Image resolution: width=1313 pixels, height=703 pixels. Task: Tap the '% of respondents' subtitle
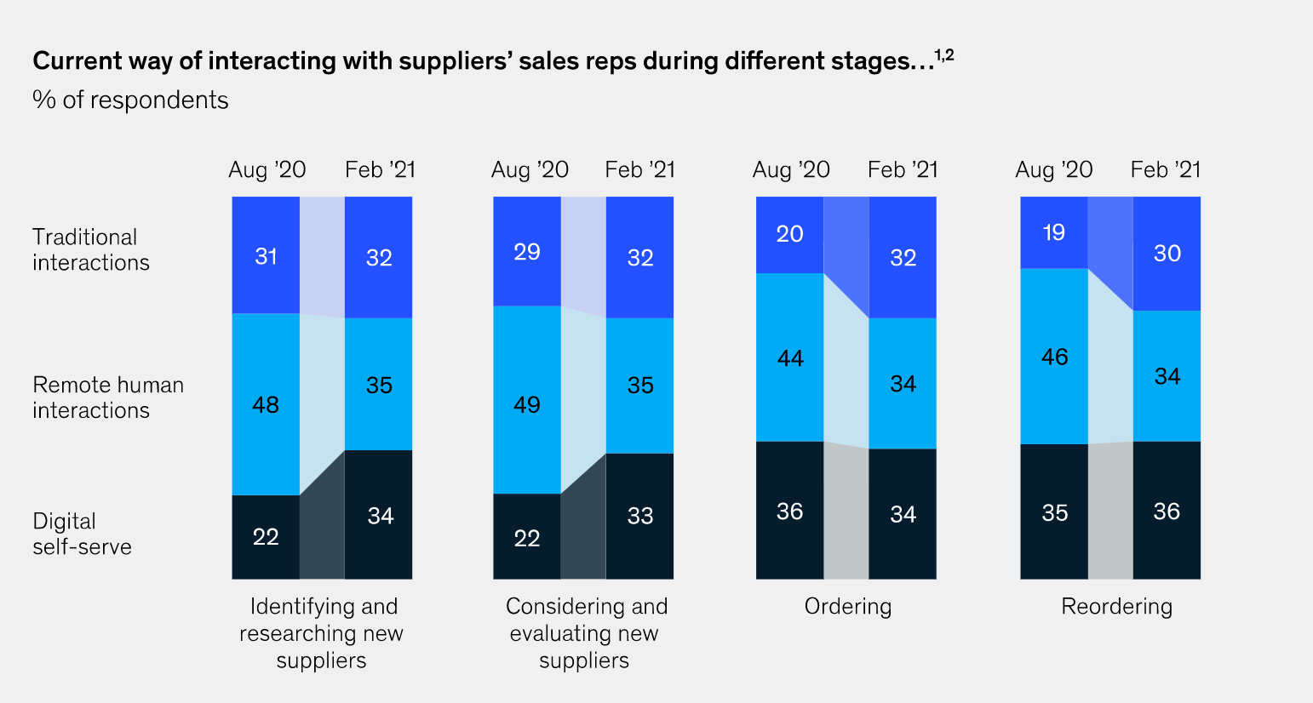(130, 100)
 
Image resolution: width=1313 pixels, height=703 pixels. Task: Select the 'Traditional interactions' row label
(91, 249)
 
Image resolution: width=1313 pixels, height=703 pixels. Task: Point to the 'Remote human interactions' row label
(108, 397)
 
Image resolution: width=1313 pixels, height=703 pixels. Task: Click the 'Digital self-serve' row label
(82, 534)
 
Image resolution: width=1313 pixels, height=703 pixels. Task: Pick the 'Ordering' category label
(848, 606)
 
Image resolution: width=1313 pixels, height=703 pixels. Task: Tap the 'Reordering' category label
(1116, 606)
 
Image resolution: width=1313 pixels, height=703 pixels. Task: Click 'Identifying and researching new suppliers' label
(321, 633)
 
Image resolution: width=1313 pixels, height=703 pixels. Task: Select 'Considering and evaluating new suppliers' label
(586, 633)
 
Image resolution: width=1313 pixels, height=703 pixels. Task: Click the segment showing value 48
(266, 404)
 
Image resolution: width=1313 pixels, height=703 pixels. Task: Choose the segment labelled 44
(789, 357)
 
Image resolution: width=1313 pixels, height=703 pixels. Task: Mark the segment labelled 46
(1054, 356)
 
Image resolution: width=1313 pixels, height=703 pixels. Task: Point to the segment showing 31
(266, 255)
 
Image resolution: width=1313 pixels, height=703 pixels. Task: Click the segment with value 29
(527, 251)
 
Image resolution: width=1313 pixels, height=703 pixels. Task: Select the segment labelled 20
(789, 234)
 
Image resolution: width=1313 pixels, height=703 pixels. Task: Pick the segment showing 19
(1054, 232)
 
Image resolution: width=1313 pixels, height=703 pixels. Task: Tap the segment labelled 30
(1167, 254)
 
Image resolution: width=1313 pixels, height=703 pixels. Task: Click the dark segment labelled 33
(639, 516)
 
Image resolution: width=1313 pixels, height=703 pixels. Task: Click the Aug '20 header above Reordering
(1053, 170)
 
